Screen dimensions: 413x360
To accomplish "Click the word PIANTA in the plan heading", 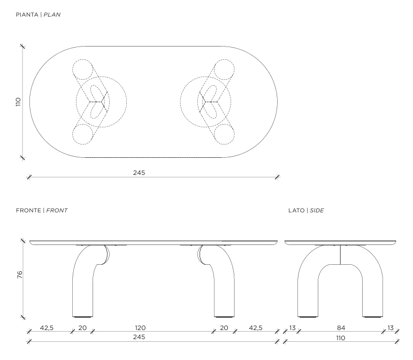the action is coord(27,14).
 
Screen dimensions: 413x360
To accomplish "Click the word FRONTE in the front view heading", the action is coord(28,210).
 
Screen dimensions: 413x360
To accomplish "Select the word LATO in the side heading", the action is coord(296,210).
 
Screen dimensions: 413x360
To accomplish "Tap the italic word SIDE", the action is coord(317,210).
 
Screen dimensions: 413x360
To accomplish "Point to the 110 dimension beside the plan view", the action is coord(18,102).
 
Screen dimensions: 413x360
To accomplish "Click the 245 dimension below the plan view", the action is coord(139,173).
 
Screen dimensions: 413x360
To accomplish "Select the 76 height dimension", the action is coord(20,274).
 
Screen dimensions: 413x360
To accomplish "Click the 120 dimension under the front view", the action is coord(140,328).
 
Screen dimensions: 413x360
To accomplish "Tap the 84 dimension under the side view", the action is coord(341,328).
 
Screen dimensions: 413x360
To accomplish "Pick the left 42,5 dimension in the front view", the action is coord(47,328).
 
